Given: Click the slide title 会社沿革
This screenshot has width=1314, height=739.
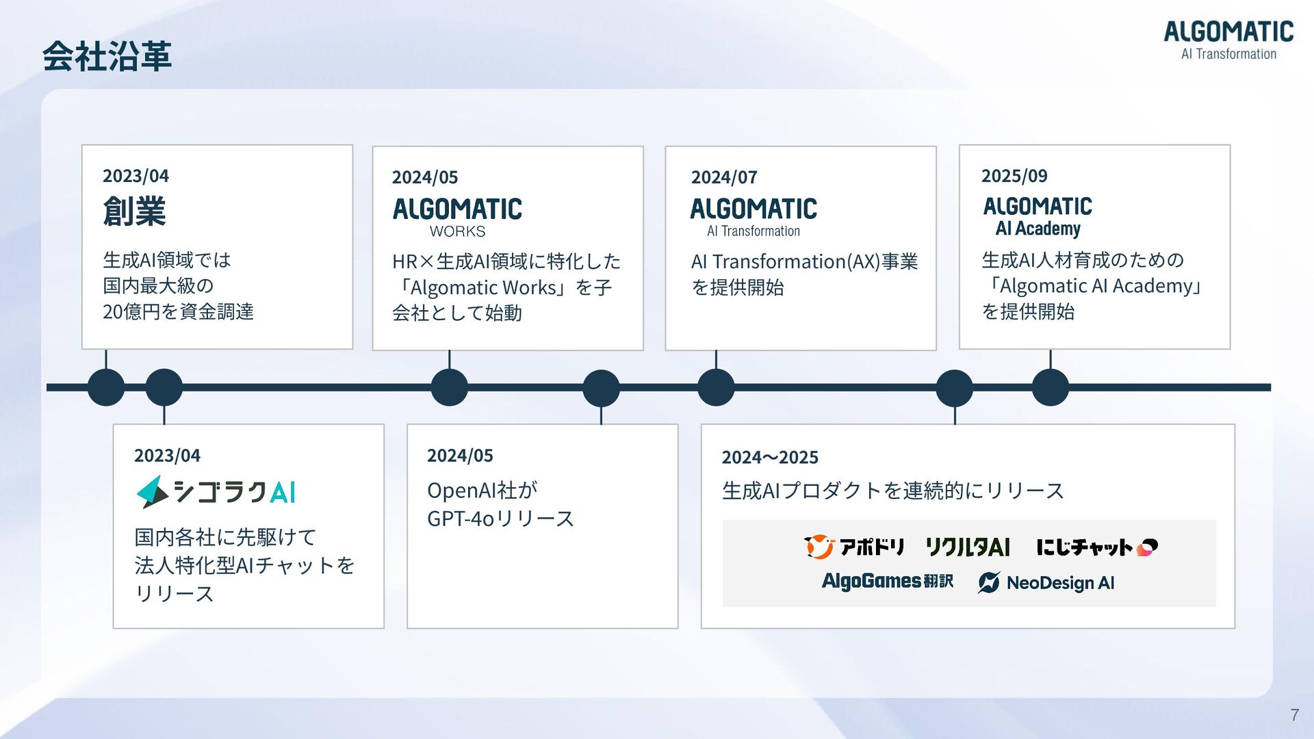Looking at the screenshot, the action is click(x=107, y=56).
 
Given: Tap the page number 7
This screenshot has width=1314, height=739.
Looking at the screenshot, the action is click(x=1294, y=715).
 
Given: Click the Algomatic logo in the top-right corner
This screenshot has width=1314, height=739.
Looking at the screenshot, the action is click(x=1228, y=40).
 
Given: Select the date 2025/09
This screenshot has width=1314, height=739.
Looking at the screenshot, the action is click(x=1014, y=176).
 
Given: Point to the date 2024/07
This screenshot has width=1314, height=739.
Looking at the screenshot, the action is click(x=723, y=177).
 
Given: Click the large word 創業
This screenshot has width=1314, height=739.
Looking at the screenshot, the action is click(x=134, y=211).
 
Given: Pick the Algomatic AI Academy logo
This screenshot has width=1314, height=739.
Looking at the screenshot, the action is click(x=1038, y=216).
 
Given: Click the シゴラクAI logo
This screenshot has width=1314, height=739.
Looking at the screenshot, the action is click(x=216, y=492).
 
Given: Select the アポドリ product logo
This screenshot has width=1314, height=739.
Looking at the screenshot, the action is click(x=854, y=547).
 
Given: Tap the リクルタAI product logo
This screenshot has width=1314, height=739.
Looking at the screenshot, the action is click(x=967, y=547).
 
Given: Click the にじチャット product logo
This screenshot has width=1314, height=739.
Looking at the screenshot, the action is click(x=1096, y=547).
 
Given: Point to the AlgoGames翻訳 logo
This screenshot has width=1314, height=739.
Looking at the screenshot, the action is click(x=887, y=582).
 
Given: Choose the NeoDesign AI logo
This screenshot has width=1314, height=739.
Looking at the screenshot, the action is click(x=1046, y=582).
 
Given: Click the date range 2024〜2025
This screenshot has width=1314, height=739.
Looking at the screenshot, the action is click(x=769, y=457).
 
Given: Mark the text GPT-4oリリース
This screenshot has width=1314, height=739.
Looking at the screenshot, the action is click(x=500, y=519).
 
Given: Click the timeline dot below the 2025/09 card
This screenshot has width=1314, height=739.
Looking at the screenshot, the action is click(x=1050, y=387).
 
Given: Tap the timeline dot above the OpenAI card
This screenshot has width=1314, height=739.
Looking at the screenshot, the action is click(x=601, y=387).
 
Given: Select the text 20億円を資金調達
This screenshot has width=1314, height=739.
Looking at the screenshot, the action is click(x=178, y=312).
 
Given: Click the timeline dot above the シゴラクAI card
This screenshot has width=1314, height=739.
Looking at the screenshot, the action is click(x=164, y=387).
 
